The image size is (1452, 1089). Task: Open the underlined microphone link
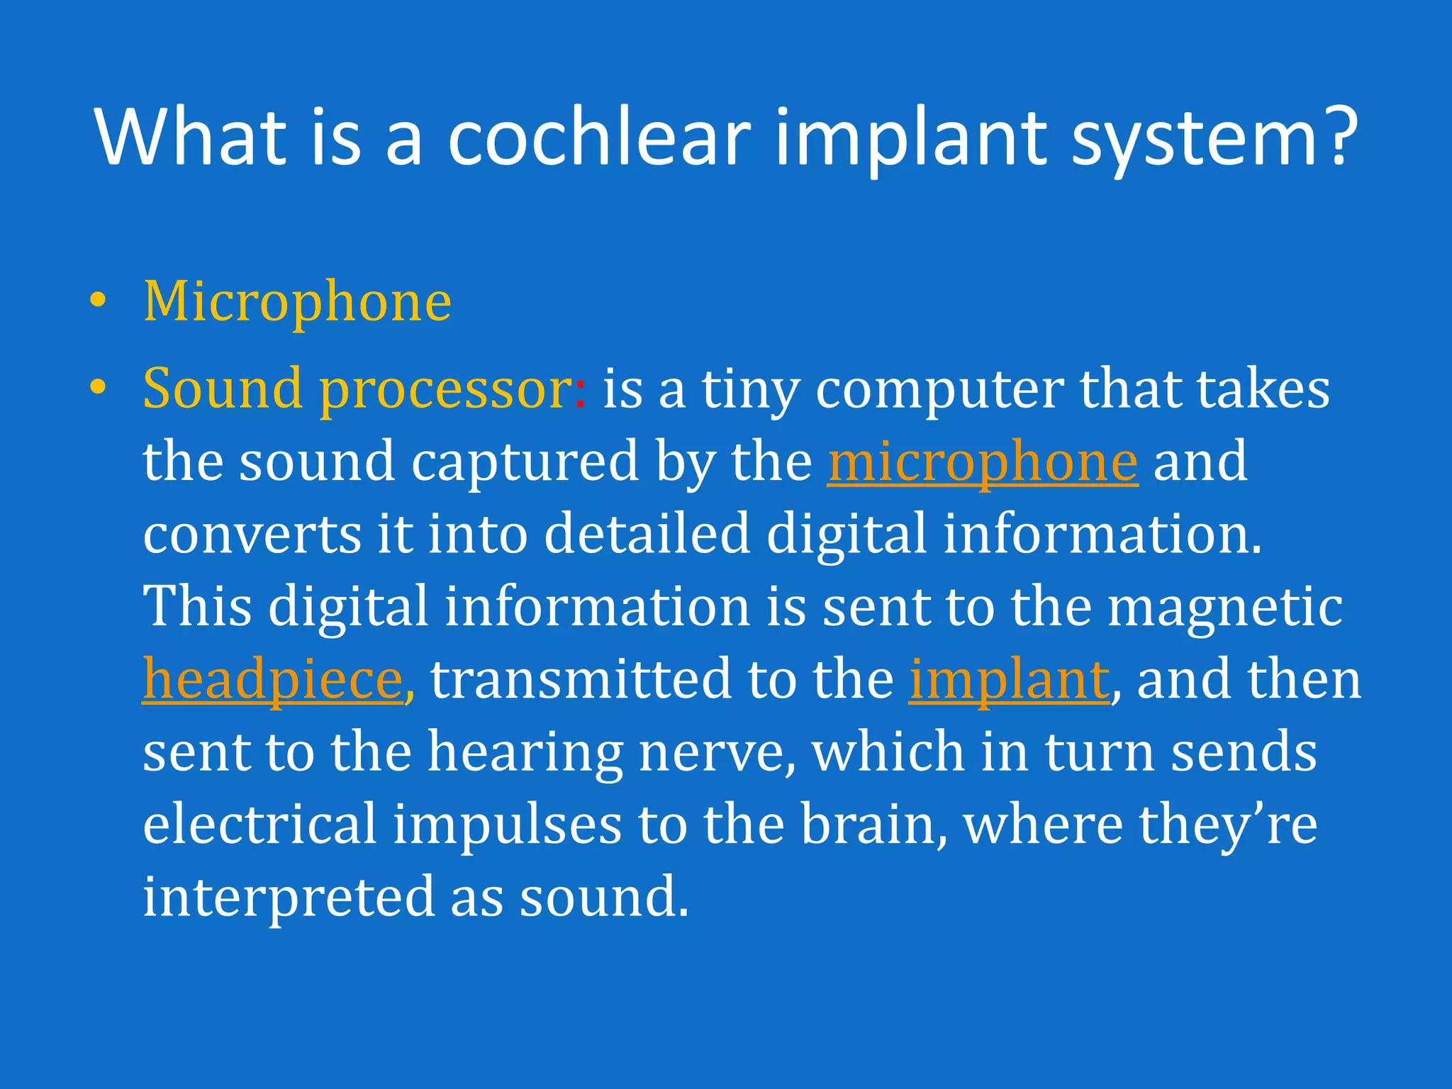pos(983,463)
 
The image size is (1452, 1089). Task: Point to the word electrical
pos(259,825)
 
